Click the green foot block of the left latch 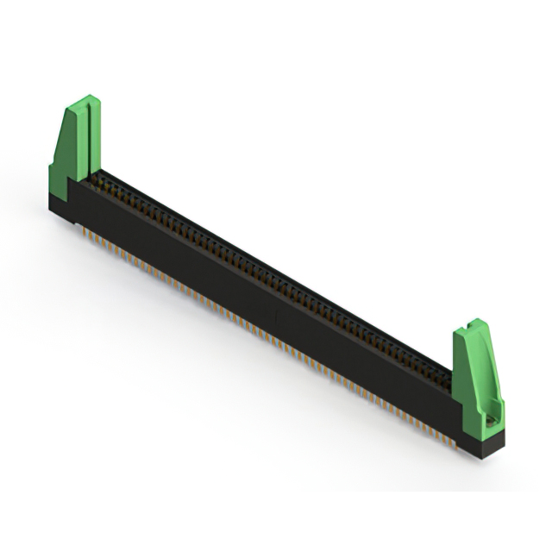[x=62, y=185]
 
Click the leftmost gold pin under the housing [x=84, y=231]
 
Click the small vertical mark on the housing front [x=275, y=318]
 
